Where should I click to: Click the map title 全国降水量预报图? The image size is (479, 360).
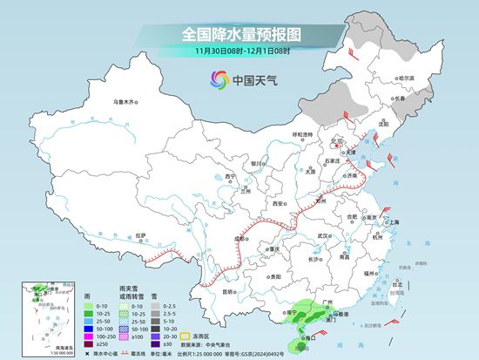click(x=239, y=34)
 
